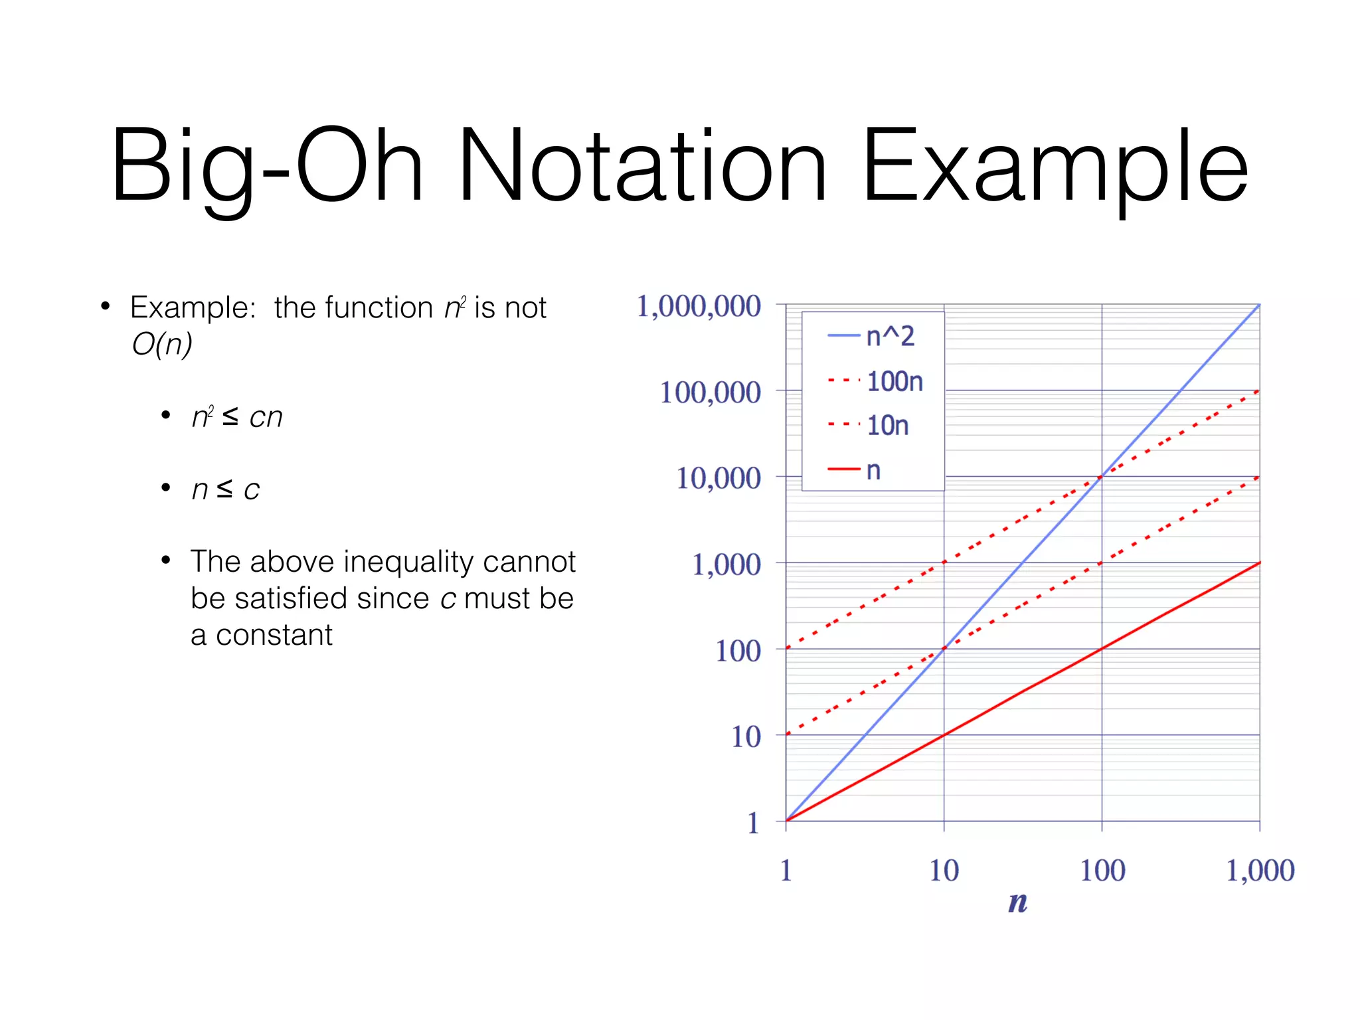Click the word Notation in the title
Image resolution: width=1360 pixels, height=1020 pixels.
coord(641,166)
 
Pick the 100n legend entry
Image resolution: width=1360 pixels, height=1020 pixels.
coord(877,382)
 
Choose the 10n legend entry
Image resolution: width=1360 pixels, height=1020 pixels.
coord(869,426)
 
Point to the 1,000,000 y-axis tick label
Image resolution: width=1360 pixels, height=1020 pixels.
coord(699,307)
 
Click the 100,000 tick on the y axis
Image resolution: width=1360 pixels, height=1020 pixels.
coord(710,392)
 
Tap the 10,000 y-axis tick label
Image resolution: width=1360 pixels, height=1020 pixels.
coord(718,478)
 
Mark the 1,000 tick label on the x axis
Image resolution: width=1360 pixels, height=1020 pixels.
coord(1260,871)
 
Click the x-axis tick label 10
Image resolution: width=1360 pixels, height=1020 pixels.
coord(944,871)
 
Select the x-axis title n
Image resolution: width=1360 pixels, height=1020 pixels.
coord(1017,902)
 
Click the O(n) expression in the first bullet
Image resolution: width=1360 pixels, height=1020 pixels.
coord(162,344)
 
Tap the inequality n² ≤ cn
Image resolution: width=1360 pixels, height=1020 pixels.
coord(237,417)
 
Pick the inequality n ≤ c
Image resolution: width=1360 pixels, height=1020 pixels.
coord(226,489)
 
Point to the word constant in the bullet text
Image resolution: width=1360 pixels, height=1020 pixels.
coord(274,636)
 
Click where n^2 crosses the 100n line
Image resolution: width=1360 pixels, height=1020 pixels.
coord(1102,476)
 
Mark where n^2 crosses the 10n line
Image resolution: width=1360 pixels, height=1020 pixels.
coord(944,648)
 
